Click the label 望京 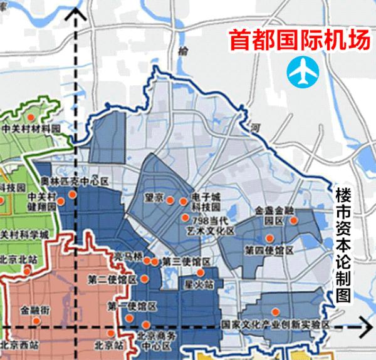[154, 197]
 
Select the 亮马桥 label [128, 256]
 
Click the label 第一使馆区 [132, 306]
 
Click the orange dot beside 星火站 [200, 272]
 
